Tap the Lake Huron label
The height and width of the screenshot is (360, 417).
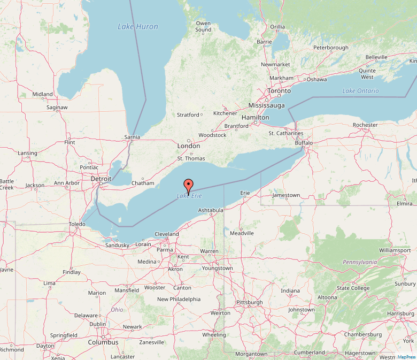(x=138, y=26)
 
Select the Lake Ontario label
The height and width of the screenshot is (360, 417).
(x=360, y=91)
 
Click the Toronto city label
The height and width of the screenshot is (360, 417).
(x=279, y=91)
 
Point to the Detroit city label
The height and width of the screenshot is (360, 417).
(x=101, y=179)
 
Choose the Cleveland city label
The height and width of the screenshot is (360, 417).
(x=166, y=234)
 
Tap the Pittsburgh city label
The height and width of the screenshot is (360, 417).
(x=249, y=302)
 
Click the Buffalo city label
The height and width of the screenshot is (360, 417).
(x=304, y=143)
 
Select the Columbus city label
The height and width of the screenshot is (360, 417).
(x=103, y=342)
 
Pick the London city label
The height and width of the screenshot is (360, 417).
(x=189, y=146)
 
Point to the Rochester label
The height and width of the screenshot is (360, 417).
(x=365, y=125)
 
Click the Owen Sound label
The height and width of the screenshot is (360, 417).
(x=203, y=26)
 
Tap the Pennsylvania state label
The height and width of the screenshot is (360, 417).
(x=359, y=262)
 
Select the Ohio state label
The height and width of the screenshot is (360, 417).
(x=117, y=310)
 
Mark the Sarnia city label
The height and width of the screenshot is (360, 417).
(x=132, y=137)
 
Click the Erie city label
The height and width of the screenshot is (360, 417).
(x=245, y=193)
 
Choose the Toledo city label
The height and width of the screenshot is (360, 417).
(x=76, y=224)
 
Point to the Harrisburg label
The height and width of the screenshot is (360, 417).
(x=400, y=313)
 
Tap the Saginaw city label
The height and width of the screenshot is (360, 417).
(x=57, y=108)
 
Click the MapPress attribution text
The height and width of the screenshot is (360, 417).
(x=407, y=357)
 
